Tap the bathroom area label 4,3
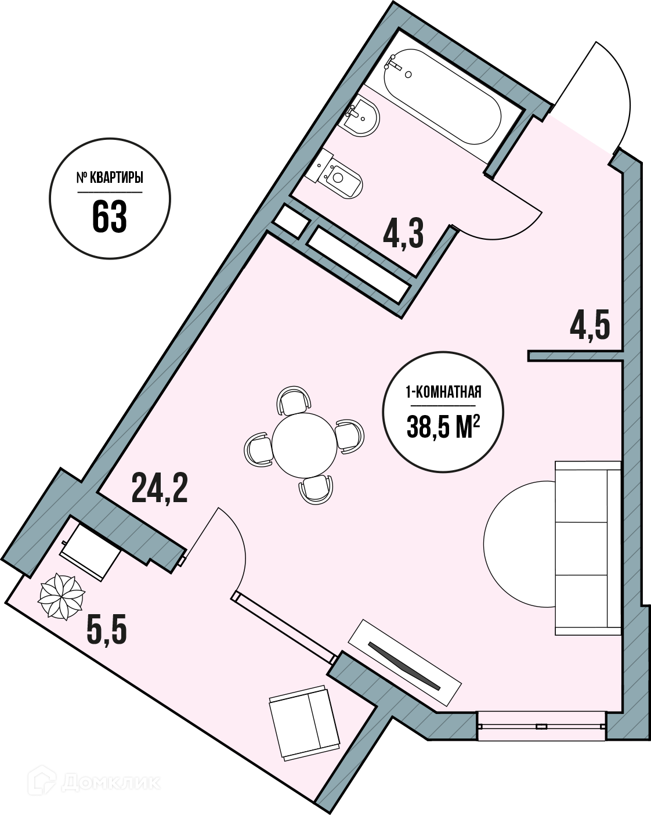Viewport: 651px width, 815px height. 403,235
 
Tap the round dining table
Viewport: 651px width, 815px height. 304,445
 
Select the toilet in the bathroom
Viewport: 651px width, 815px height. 334,175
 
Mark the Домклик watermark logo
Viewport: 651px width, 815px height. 95,781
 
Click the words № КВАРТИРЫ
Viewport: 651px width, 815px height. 110,178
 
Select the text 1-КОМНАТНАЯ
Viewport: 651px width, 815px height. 443,392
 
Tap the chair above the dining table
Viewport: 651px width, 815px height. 294,399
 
